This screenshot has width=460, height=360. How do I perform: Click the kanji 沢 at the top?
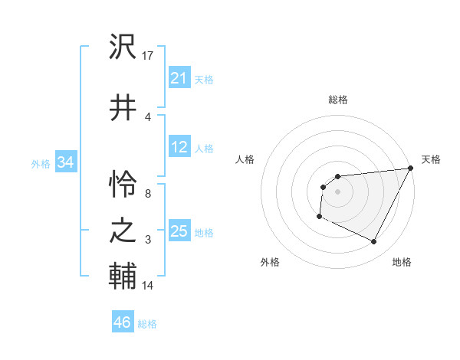click(123, 48)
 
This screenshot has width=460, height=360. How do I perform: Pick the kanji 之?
click(123, 231)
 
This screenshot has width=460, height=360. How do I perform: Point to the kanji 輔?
click(123, 276)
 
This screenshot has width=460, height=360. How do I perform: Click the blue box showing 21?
click(179, 78)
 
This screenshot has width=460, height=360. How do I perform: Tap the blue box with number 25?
click(179, 231)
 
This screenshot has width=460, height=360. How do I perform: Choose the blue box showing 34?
click(65, 162)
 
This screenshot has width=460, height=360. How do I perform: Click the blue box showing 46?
click(123, 322)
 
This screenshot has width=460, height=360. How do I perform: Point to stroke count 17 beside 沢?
click(148, 56)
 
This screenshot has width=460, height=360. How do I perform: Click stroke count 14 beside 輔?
click(148, 286)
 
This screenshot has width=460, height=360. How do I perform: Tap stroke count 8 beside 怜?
click(148, 194)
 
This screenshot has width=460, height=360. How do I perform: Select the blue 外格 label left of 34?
click(41, 164)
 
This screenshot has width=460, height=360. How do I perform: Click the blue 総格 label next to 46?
click(147, 324)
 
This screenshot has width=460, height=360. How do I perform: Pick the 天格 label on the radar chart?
click(432, 159)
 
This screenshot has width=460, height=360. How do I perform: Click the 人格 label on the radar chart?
click(245, 159)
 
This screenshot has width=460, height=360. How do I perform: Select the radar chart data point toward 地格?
click(374, 242)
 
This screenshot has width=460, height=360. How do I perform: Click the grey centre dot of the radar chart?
click(337, 191)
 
